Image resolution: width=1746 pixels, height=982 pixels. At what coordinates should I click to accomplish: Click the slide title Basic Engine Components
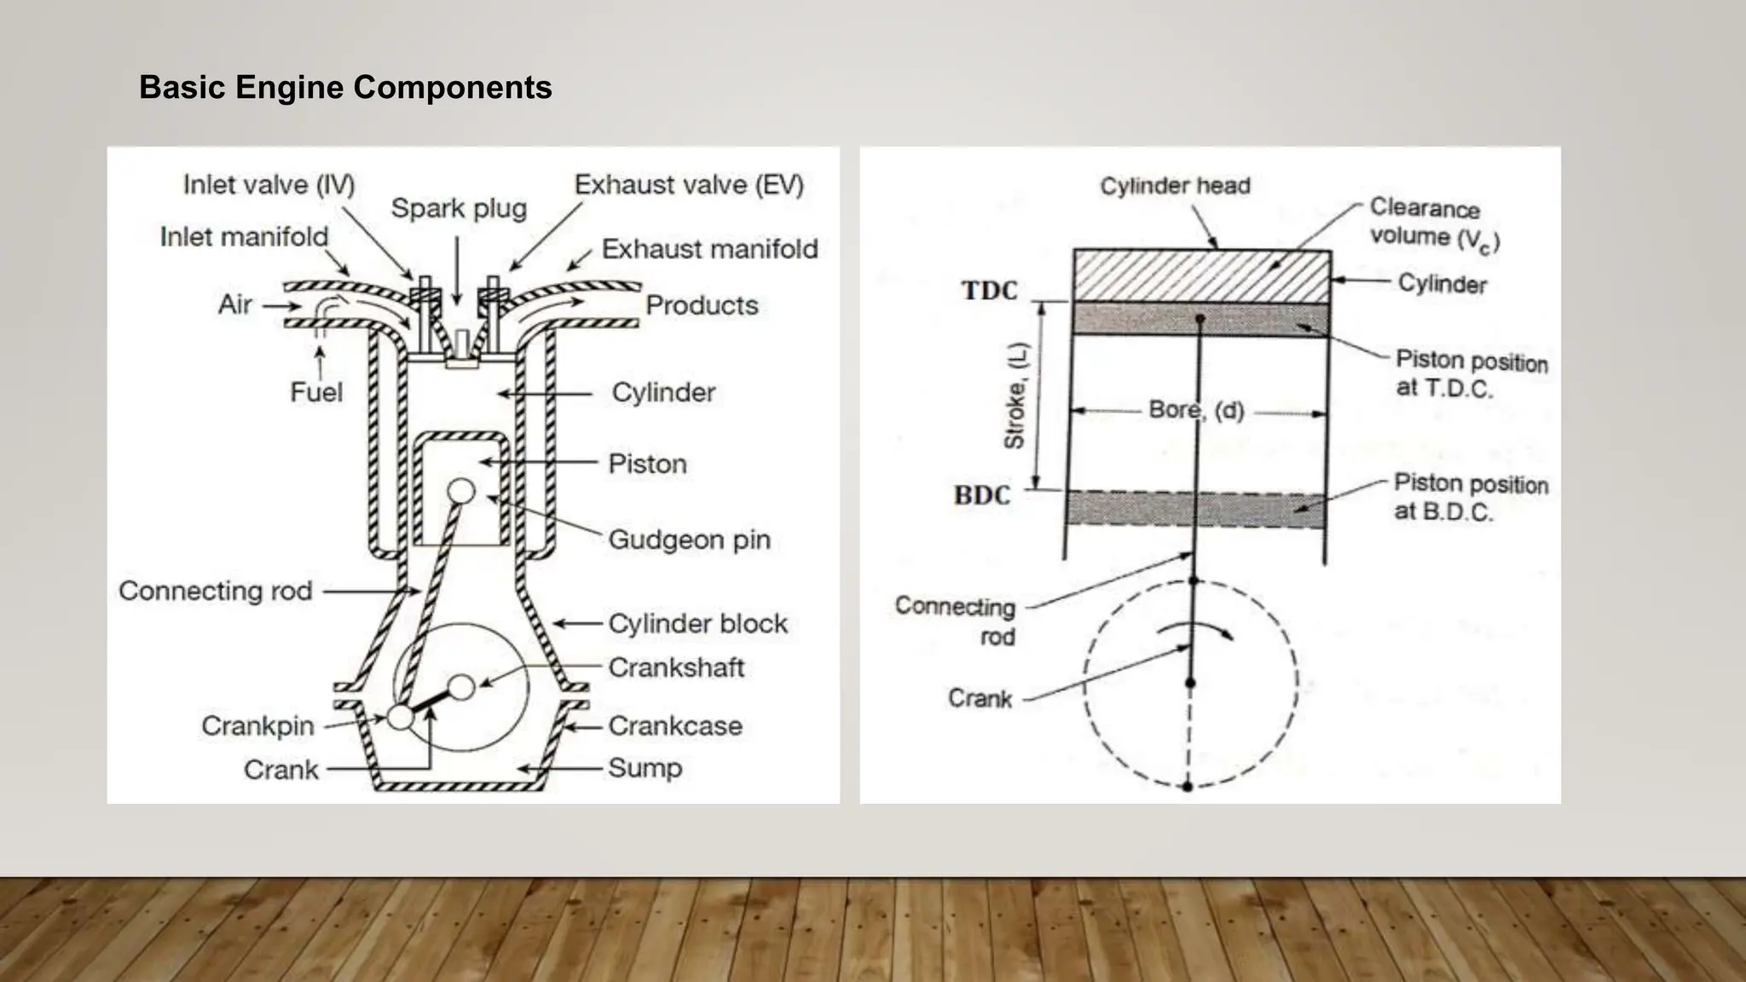coord(345,88)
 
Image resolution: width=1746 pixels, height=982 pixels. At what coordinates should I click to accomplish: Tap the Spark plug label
coord(459,209)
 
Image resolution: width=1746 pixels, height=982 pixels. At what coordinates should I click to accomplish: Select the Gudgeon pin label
coord(689,540)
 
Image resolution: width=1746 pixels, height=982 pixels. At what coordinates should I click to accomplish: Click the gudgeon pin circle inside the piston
coord(461,491)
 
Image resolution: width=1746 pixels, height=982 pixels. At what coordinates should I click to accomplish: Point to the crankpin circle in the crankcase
coord(400,717)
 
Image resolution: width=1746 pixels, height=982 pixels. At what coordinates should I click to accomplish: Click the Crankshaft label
coord(676,667)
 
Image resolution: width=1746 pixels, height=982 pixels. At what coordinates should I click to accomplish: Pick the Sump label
coord(645,768)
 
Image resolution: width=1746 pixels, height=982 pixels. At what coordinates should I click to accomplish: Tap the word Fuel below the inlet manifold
coord(316,392)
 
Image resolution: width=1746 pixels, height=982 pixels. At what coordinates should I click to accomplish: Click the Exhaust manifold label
coord(709,249)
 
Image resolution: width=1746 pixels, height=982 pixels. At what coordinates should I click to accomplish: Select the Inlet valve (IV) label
coord(269,185)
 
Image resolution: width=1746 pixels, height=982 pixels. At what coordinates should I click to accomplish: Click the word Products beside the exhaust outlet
coord(702,305)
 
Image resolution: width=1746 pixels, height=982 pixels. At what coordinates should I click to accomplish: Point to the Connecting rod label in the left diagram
coord(216,591)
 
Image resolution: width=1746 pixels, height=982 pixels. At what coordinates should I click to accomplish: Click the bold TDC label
coord(990,291)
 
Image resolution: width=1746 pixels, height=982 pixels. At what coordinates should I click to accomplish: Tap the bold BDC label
coord(982,495)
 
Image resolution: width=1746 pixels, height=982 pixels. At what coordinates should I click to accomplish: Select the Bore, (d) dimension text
coord(1196,410)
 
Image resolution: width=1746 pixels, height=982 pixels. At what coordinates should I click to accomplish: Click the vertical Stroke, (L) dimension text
coord(1015,396)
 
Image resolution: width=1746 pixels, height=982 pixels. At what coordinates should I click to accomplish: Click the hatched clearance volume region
coord(1201,274)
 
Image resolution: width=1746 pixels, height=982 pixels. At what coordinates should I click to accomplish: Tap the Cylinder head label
coord(1175,186)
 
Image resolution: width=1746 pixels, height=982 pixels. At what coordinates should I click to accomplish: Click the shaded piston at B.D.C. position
coord(1196,510)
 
